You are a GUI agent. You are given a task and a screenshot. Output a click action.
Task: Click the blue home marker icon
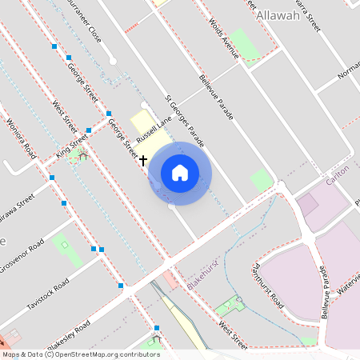click(180, 173)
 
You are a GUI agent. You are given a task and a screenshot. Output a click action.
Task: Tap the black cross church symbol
click(143, 161)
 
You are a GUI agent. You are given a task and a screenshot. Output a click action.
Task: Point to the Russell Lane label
click(154, 129)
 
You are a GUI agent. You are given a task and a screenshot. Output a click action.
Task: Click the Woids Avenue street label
click(223, 38)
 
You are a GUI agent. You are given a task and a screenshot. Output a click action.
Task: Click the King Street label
click(72, 146)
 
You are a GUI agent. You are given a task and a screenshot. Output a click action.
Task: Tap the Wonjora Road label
click(21, 138)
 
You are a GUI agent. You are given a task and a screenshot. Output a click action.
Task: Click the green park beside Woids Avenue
click(246, 46)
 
